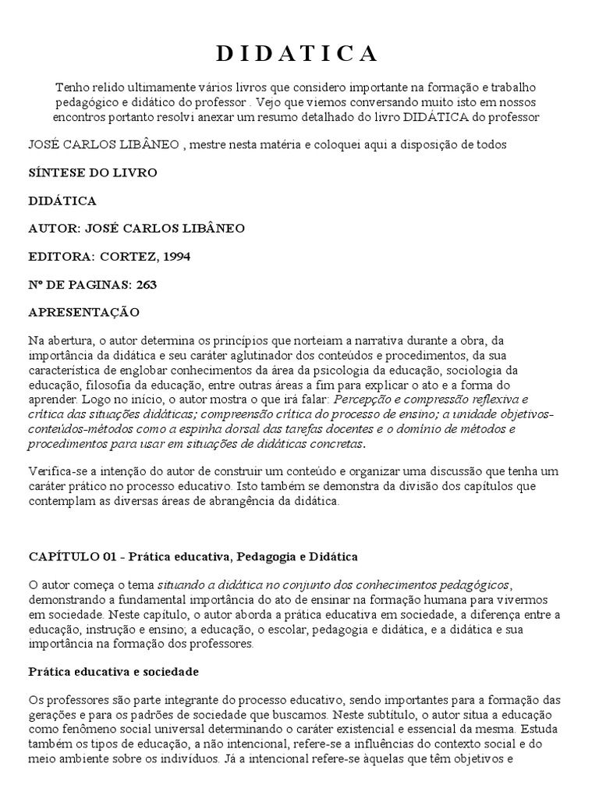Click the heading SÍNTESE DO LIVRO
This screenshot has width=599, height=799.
[93, 172]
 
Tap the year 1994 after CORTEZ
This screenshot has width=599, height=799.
[175, 256]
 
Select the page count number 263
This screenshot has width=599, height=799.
[146, 284]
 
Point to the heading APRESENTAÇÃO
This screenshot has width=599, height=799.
[83, 312]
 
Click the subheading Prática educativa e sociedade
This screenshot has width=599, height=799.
[113, 671]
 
